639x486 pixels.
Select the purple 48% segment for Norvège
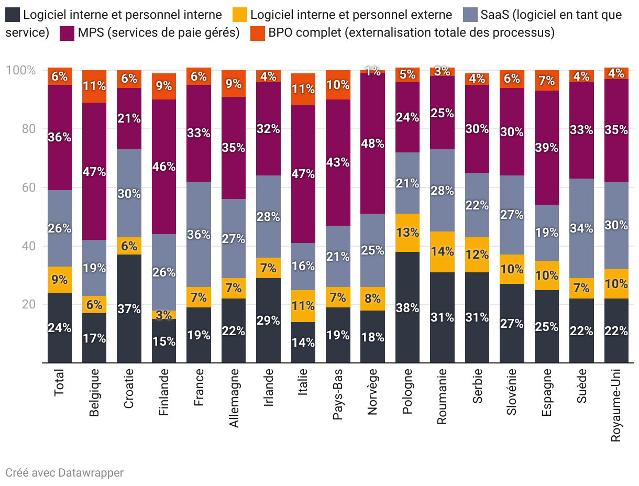[x=372, y=143]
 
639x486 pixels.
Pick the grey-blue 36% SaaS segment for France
[x=199, y=234]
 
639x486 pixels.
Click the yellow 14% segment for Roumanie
[x=442, y=251]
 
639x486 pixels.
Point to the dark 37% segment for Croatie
[x=129, y=308]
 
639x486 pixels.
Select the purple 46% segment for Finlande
[x=164, y=167]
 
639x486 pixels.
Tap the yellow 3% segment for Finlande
[x=164, y=315]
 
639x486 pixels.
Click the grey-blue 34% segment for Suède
[x=581, y=228]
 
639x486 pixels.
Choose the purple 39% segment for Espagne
[x=547, y=148]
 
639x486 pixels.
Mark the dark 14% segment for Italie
[x=303, y=342]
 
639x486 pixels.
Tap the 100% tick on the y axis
[x=20, y=70]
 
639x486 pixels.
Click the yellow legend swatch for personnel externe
[x=239, y=15]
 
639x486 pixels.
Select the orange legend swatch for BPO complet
[x=258, y=32]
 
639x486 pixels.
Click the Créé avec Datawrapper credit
[x=64, y=472]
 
